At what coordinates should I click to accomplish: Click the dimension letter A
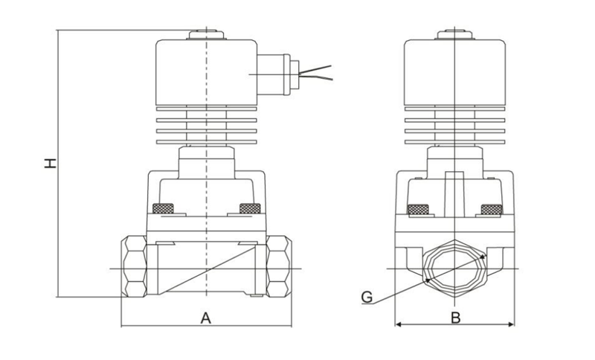point(206,318)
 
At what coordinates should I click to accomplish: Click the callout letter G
point(366,298)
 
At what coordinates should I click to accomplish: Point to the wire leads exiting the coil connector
point(317,73)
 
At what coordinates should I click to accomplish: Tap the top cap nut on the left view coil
point(205,33)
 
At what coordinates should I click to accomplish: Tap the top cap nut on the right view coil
point(454,33)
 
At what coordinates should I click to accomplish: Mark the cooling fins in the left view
point(205,126)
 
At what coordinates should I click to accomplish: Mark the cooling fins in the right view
point(454,126)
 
